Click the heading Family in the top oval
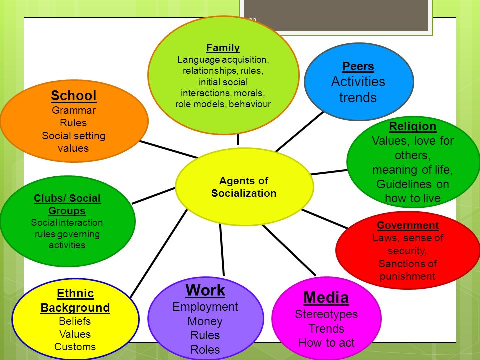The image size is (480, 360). pyautogui.click(x=223, y=48)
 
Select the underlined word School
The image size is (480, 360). pyautogui.click(x=74, y=96)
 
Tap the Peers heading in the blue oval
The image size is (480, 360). pyautogui.click(x=358, y=66)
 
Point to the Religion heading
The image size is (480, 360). pyautogui.click(x=412, y=126)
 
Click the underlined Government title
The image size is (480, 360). pyautogui.click(x=408, y=225)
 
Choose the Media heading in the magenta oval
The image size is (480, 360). pyautogui.click(x=326, y=298)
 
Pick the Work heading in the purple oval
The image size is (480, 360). pyautogui.click(x=205, y=290)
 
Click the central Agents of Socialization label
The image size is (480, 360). pyautogui.click(x=244, y=187)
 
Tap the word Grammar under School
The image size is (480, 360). pyautogui.click(x=74, y=110)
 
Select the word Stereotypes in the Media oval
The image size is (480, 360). pyautogui.click(x=326, y=314)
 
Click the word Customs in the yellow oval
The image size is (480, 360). pyautogui.click(x=75, y=347)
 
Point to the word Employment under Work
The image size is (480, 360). pyautogui.click(x=205, y=307)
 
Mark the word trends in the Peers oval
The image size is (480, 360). pyautogui.click(x=358, y=98)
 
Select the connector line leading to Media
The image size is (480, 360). pyautogui.click(x=290, y=250)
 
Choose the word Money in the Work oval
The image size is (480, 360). pyautogui.click(x=205, y=321)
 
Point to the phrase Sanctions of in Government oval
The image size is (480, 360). pyautogui.click(x=407, y=263)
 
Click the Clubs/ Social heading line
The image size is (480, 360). pyautogui.click(x=67, y=198)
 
